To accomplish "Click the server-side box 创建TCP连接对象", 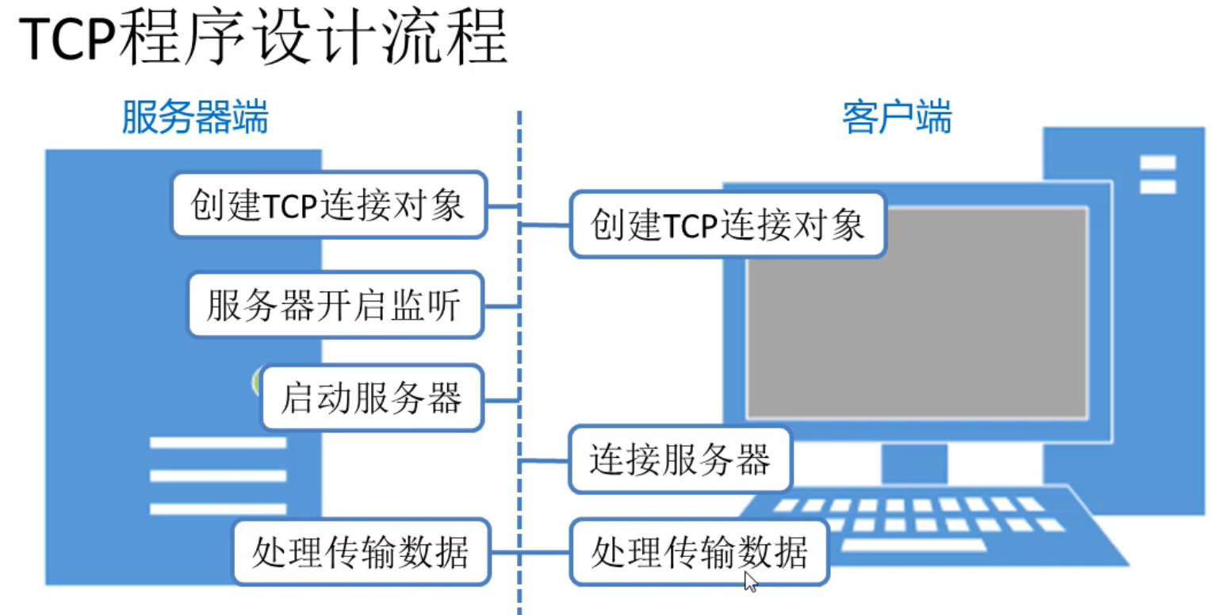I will (x=328, y=205).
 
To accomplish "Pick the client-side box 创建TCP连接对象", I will (x=727, y=225).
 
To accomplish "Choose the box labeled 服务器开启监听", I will (x=335, y=305).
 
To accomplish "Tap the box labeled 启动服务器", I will (x=371, y=398).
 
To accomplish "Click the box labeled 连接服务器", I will (x=679, y=459).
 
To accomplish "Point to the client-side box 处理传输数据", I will (x=698, y=552).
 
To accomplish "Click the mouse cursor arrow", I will (x=750, y=582).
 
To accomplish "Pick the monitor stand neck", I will (x=914, y=463).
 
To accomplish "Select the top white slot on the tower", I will (x=1158, y=163).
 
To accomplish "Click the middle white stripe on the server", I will (x=217, y=475).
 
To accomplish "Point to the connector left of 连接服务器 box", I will (x=545, y=460).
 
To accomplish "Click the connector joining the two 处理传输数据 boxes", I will (x=529, y=552).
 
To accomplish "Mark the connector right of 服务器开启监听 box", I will (x=501, y=305).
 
